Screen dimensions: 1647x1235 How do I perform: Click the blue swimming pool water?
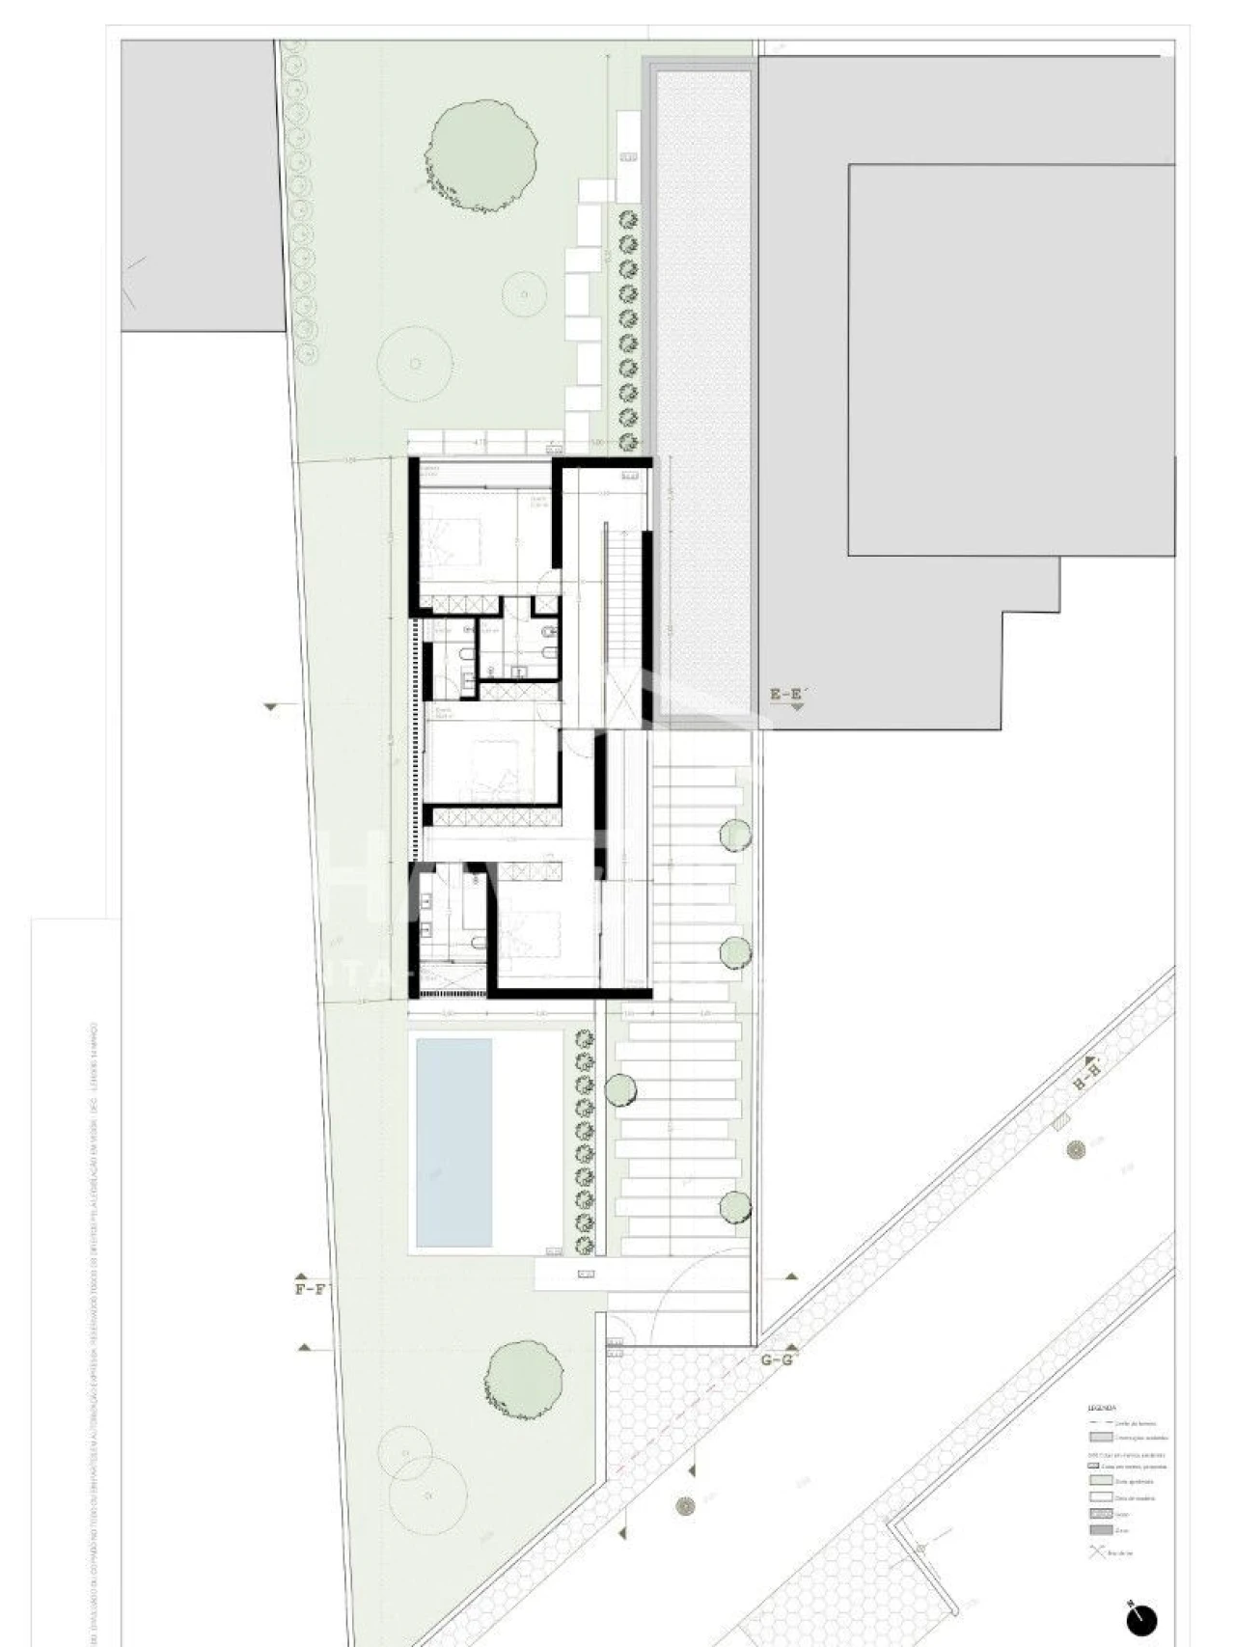click(x=453, y=1141)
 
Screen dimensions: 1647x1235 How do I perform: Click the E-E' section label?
click(x=786, y=694)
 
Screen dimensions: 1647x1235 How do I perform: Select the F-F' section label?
click(x=311, y=1289)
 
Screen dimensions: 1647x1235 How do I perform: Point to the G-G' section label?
click(x=777, y=1360)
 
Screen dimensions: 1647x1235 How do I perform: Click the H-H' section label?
click(x=1086, y=1074)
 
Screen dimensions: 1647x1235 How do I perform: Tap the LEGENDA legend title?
click(x=1101, y=1408)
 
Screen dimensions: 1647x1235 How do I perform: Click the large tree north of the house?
click(x=480, y=153)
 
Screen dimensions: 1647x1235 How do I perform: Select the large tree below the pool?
click(x=524, y=1376)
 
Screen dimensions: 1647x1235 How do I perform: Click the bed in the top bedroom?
click(x=453, y=540)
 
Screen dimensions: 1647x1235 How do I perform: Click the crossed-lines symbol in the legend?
click(x=1097, y=1552)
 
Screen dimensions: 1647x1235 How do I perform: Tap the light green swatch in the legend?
click(x=1100, y=1481)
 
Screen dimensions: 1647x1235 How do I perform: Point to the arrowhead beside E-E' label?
click(x=797, y=707)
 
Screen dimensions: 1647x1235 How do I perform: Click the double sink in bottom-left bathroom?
click(x=425, y=917)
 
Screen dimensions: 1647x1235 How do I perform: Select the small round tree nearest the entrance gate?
click(x=735, y=1206)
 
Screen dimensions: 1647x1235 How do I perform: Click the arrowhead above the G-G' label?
click(x=791, y=1347)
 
